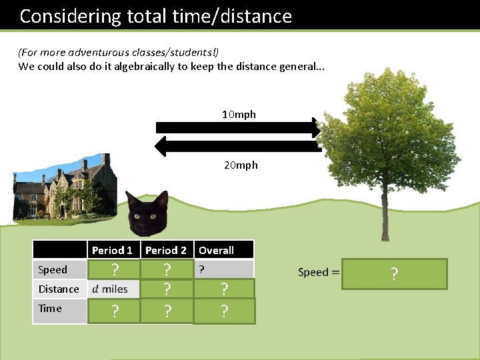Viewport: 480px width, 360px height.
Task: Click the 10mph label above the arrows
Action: [239, 115]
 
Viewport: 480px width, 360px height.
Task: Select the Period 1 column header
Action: [112, 251]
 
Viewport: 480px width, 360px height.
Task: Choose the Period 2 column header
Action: [166, 251]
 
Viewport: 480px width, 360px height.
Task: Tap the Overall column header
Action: [217, 251]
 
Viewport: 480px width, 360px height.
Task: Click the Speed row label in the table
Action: [53, 270]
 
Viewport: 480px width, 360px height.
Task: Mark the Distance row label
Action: [59, 289]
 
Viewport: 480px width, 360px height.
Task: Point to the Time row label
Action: [50, 309]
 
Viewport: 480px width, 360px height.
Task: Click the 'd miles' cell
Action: [110, 289]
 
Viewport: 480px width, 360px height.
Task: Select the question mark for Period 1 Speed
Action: [115, 270]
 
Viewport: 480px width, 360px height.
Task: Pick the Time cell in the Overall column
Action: [225, 311]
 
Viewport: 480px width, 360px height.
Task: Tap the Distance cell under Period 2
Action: [167, 289]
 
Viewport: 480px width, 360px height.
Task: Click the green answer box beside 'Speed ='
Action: [394, 273]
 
